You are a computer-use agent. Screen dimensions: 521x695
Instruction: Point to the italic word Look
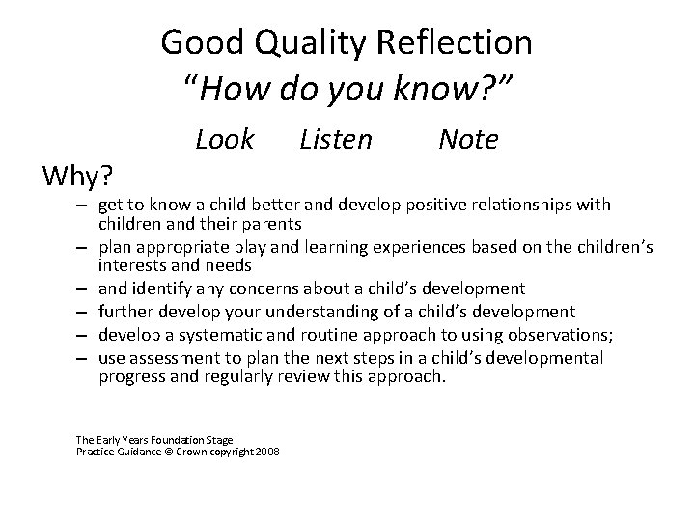[224, 140]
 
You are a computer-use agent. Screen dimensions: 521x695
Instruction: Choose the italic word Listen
[335, 140]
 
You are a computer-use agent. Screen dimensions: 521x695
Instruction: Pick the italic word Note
[468, 140]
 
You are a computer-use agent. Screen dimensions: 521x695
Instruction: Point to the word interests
[132, 264]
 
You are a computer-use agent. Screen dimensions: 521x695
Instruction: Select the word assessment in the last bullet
[173, 357]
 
